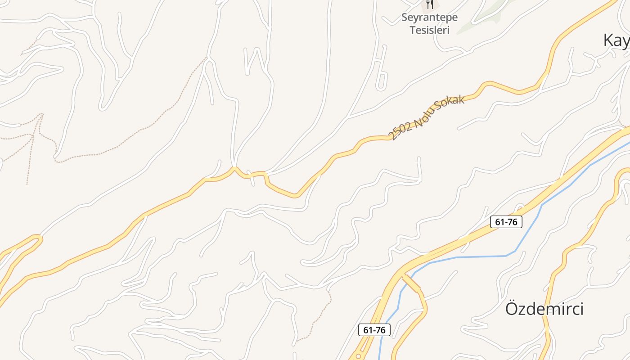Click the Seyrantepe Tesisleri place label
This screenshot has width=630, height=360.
tap(429, 24)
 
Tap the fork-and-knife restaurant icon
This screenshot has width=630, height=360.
tap(430, 4)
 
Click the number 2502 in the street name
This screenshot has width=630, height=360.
tap(400, 131)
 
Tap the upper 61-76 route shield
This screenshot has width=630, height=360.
tap(506, 222)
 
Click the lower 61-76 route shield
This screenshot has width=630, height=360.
tap(374, 330)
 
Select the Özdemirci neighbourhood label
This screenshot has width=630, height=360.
tap(544, 309)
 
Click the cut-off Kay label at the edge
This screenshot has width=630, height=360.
tap(616, 40)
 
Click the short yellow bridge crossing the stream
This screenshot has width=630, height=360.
tap(411, 283)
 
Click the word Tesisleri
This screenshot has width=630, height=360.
tap(429, 30)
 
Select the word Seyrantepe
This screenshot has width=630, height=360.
tap(429, 18)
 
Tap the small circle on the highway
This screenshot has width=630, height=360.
tap(358, 356)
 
